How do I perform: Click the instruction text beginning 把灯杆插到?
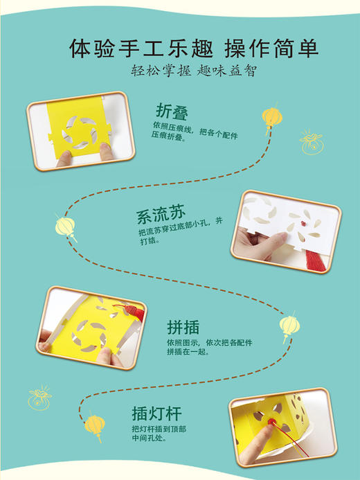[x=158, y=434]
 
